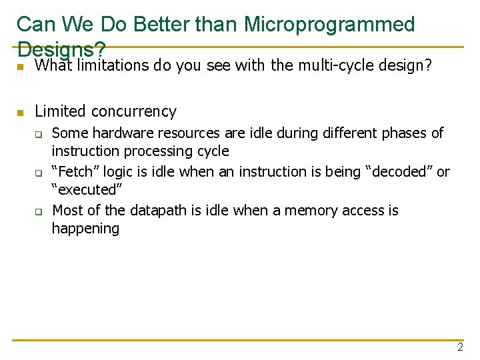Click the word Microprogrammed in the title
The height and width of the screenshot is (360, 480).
[x=329, y=25]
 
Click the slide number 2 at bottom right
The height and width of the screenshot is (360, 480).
[x=460, y=347]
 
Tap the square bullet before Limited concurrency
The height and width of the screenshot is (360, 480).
[x=21, y=112]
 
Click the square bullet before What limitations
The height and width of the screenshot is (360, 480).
[x=21, y=67]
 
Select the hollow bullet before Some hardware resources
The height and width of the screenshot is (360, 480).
[x=39, y=134]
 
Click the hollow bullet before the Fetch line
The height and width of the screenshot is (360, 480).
[x=39, y=173]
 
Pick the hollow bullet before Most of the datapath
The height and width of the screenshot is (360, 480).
[x=39, y=211]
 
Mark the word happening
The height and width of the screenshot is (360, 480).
[x=85, y=229]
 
